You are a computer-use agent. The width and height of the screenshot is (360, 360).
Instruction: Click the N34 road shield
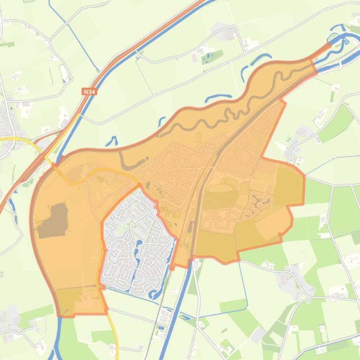tap(89, 92)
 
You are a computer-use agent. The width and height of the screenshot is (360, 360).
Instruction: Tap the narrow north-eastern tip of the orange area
tap(323, 51)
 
